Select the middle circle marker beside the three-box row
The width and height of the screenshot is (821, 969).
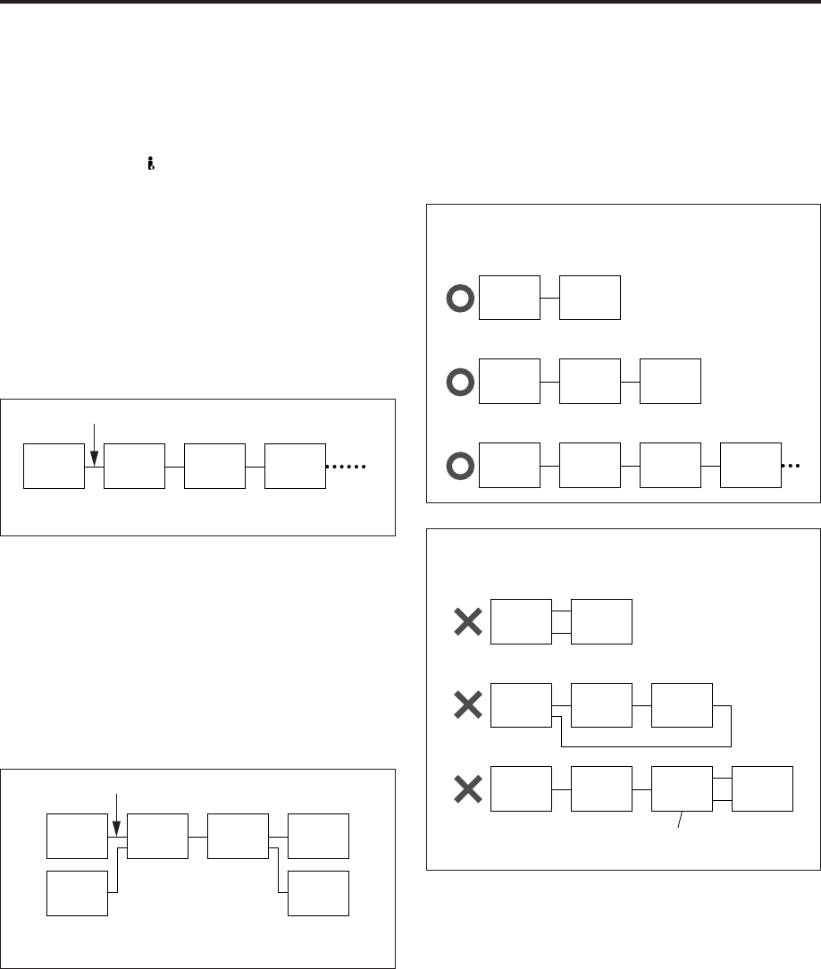point(458,381)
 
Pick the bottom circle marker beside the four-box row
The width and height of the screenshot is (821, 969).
point(458,467)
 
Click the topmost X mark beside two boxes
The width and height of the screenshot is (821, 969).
point(467,622)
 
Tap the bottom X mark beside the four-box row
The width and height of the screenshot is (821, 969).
point(467,788)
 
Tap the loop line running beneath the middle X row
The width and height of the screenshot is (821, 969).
point(643,745)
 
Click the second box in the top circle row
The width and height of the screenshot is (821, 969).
point(589,298)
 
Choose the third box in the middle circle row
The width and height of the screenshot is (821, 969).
point(671,381)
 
